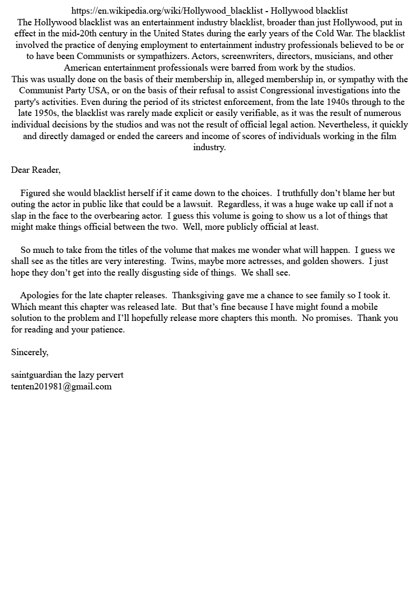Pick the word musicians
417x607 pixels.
[x=303, y=56]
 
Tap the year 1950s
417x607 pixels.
[x=48, y=113]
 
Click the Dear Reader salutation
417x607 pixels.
[x=36, y=170]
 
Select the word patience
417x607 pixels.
[x=108, y=330]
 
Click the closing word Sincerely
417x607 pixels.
[x=29, y=353]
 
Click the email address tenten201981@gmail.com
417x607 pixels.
[x=61, y=387]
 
